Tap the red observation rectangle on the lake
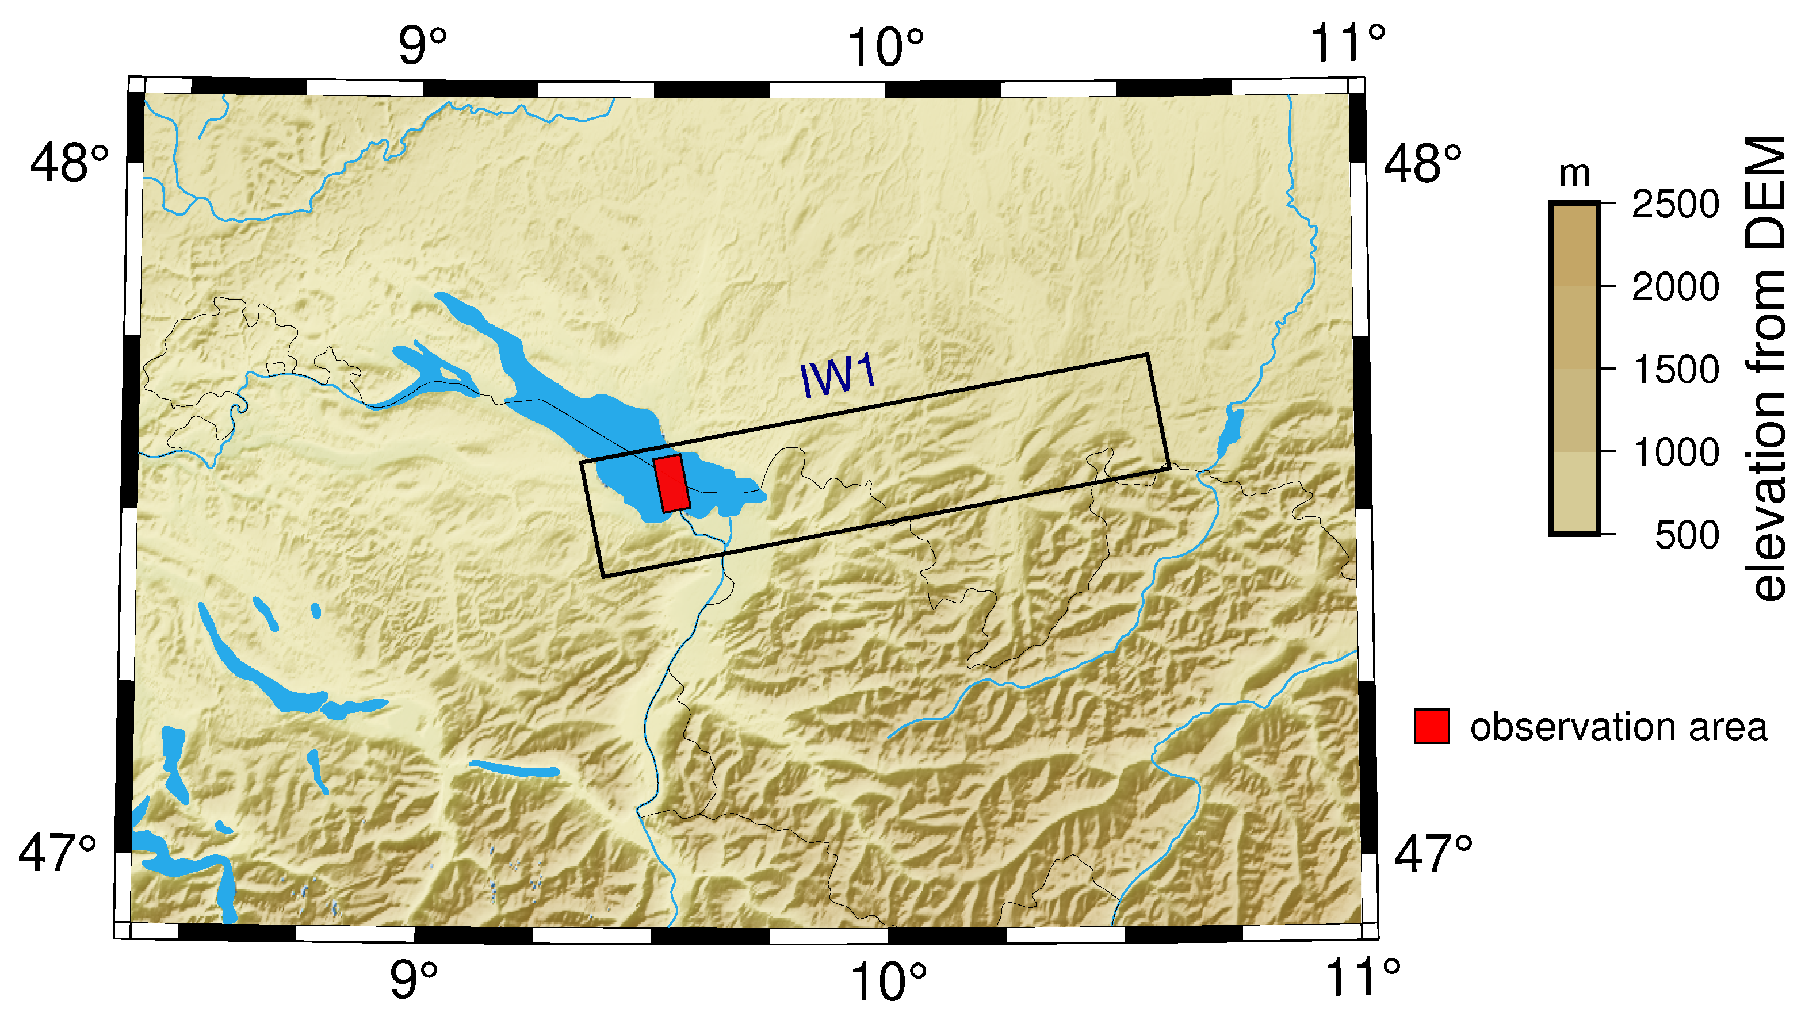(672, 482)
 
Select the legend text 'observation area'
(1618, 727)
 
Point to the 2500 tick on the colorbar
(1675, 205)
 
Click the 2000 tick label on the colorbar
(1675, 287)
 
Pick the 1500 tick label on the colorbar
(1675, 370)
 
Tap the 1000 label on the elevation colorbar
(1675, 452)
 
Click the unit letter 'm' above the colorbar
(1574, 174)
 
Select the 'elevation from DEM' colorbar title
(1766, 369)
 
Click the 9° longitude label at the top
(423, 47)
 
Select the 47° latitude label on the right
(1433, 854)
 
